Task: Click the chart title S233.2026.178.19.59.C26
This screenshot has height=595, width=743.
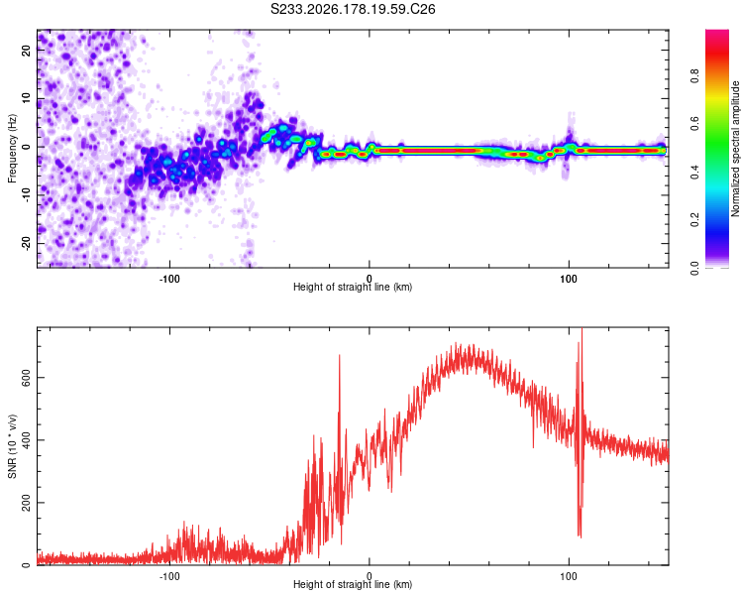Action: tap(353, 9)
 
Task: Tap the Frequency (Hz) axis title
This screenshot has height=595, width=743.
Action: tap(12, 149)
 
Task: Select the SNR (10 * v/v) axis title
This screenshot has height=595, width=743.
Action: tap(12, 446)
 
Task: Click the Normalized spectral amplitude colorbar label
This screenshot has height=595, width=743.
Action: tap(735, 149)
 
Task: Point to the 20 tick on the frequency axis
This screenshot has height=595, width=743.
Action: tap(26, 50)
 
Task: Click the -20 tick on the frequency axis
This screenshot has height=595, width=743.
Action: tap(26, 243)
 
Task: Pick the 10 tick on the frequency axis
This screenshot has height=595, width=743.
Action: tap(26, 98)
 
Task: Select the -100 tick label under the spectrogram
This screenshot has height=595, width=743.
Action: tap(169, 279)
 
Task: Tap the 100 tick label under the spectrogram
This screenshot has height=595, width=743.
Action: tap(569, 279)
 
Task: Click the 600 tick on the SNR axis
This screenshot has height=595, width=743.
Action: tap(26, 377)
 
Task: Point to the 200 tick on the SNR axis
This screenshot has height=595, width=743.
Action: tap(26, 503)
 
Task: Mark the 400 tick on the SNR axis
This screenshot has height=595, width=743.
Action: tap(26, 440)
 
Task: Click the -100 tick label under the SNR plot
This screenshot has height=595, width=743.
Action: tap(169, 576)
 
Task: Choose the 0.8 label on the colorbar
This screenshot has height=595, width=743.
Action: tap(694, 76)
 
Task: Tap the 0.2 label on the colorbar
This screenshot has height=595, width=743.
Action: tap(694, 220)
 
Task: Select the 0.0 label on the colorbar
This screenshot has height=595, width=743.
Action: tap(694, 268)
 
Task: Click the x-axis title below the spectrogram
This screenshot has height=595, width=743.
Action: tap(353, 287)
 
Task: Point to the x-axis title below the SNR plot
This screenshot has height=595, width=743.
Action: tap(353, 584)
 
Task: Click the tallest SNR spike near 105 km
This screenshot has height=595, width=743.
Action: tap(582, 329)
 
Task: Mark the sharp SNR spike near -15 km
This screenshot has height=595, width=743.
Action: tap(339, 355)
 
